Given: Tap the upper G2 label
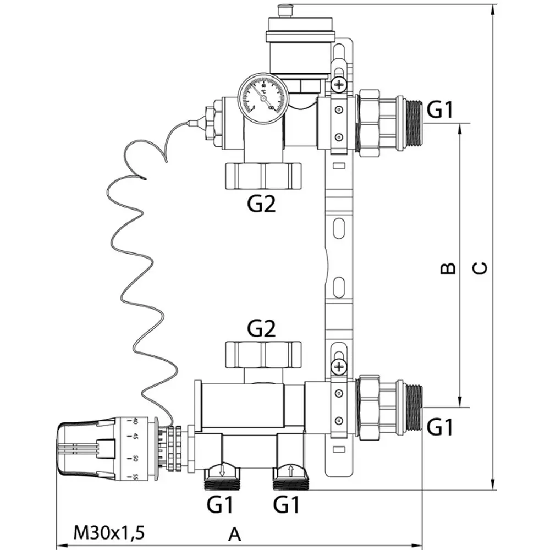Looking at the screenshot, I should [x=260, y=204].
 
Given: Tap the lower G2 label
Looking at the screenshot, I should [x=261, y=329].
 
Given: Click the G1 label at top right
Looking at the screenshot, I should [x=441, y=111].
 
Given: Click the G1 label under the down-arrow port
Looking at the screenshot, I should [x=220, y=504].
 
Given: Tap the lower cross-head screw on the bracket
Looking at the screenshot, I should [x=339, y=365].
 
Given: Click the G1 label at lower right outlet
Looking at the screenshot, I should [x=441, y=426].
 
